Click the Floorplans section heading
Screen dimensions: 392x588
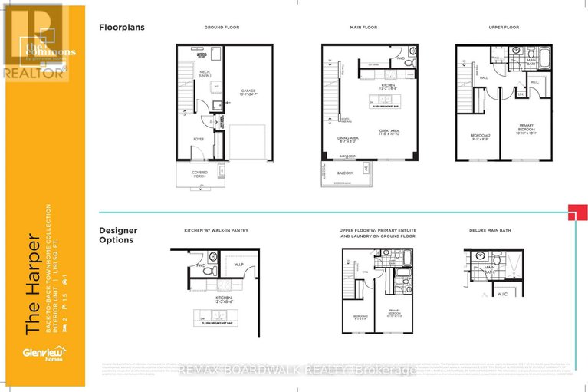(x=122, y=27)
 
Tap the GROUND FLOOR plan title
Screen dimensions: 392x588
(x=222, y=28)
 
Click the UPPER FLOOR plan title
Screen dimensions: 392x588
(x=504, y=28)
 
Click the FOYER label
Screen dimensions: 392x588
(x=198, y=139)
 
